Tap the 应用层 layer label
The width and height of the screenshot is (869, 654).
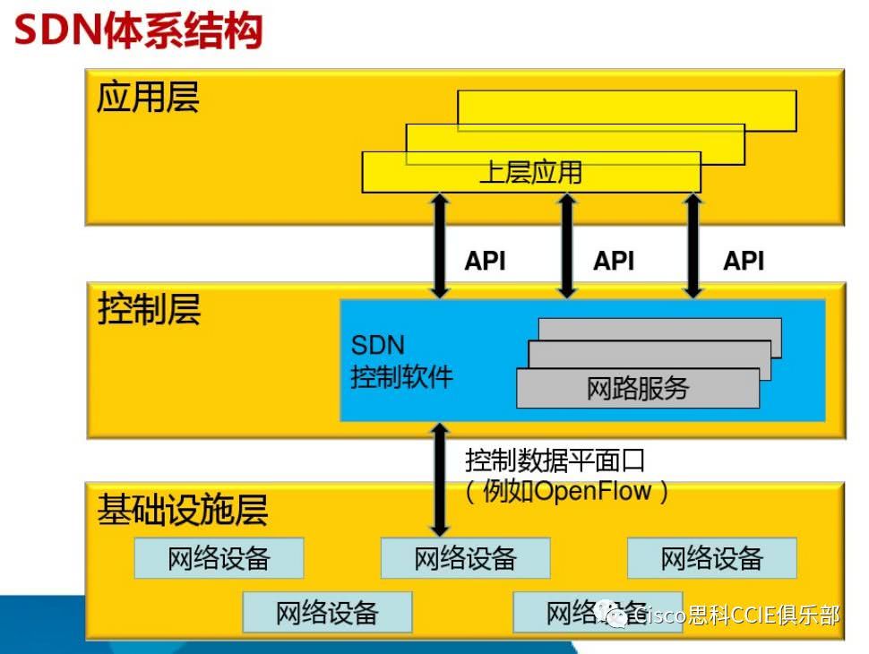pos(148,98)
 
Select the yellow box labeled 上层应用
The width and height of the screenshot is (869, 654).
pos(530,172)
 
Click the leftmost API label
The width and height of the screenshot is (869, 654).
pos(485,261)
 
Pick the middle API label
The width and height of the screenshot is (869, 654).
pos(614,261)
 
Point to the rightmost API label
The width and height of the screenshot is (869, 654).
pos(744,261)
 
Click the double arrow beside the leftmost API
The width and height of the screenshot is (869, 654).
pos(439,245)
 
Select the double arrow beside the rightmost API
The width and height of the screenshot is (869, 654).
pos(693,245)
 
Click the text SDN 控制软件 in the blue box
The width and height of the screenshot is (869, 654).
pos(400,361)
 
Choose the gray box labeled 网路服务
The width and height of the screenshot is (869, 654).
pos(638,388)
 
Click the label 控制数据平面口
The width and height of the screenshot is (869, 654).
pos(555,460)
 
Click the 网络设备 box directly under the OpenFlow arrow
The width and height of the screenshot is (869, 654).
pos(465,558)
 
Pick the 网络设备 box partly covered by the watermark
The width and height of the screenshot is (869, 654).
pos(573,612)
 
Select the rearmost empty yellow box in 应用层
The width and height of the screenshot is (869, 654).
pos(627,109)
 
